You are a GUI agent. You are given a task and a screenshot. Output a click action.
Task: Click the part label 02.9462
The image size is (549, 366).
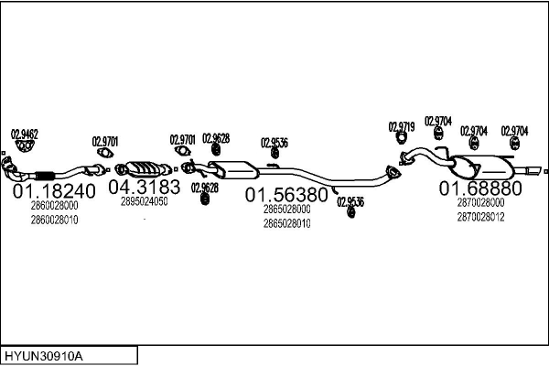(x=24, y=134)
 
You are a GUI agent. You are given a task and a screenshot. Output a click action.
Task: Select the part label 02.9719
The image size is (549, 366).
(x=402, y=126)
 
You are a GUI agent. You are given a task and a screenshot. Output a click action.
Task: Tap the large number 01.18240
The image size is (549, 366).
(x=53, y=191)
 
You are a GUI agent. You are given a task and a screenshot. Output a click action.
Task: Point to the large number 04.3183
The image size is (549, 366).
(x=144, y=187)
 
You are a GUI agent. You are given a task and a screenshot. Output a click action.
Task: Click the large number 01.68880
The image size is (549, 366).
(x=480, y=188)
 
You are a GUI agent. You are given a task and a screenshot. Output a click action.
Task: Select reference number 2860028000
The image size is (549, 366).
(x=54, y=207)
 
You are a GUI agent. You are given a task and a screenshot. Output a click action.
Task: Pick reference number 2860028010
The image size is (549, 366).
(x=54, y=220)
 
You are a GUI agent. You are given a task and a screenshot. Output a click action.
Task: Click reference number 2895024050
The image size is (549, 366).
(x=144, y=202)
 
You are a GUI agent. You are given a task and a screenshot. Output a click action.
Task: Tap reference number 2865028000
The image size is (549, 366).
(x=286, y=210)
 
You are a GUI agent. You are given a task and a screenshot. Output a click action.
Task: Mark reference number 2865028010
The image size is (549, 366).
(x=286, y=222)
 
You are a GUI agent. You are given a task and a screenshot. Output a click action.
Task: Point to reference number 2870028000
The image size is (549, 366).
(x=480, y=202)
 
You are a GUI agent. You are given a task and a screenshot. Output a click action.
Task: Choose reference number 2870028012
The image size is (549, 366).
(x=480, y=216)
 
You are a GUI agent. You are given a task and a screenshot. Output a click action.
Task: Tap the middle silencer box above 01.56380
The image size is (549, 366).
(x=233, y=168)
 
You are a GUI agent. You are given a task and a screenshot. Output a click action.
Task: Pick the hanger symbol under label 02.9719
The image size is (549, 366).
(x=401, y=139)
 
